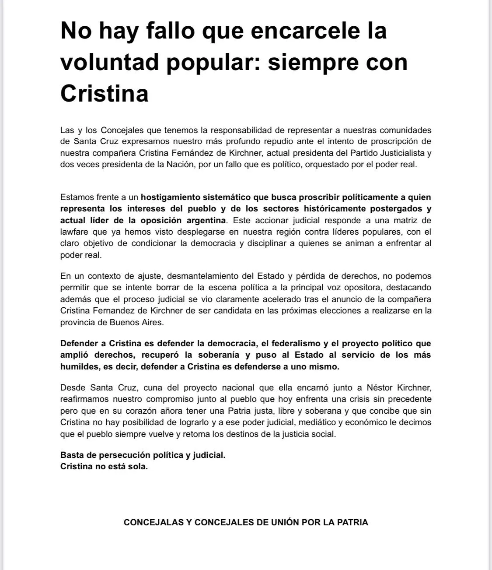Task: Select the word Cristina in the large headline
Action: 105,93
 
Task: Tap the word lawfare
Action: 74,232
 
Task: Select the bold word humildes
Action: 79,366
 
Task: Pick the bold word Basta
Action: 71,455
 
